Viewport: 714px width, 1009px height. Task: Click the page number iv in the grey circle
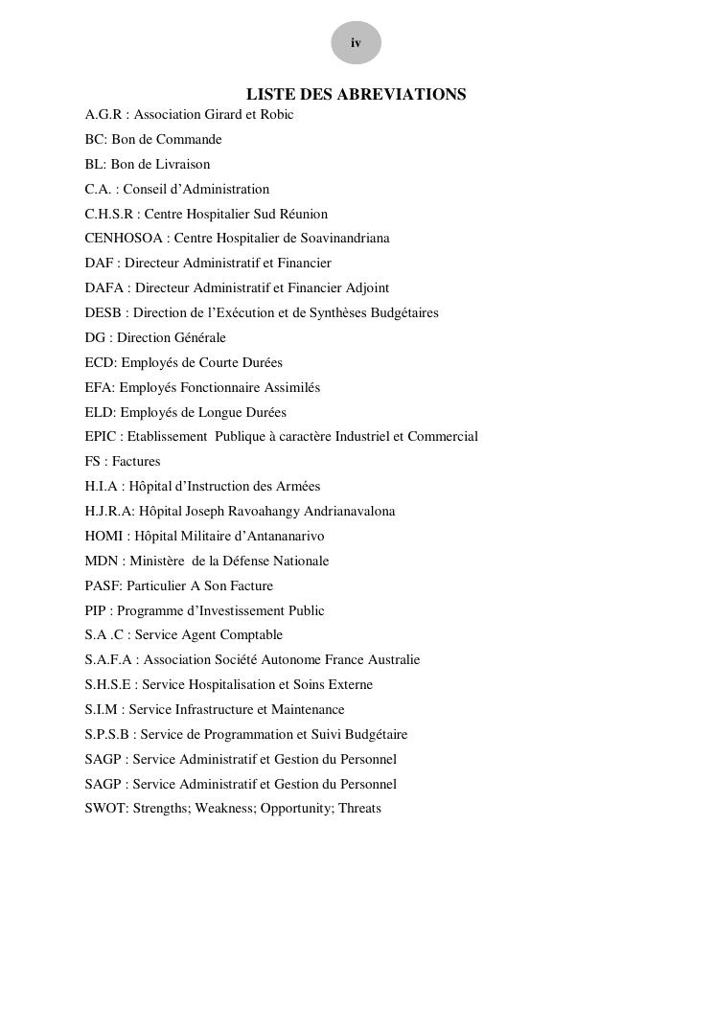click(356, 43)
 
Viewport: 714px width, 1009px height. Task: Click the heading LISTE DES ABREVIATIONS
click(356, 94)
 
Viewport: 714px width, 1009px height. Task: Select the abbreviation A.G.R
click(103, 115)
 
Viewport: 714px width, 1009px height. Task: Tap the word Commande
click(192, 140)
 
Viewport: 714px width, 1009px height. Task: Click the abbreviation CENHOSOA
click(123, 239)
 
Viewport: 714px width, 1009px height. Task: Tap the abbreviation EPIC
click(100, 437)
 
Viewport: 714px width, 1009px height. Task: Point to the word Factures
click(136, 462)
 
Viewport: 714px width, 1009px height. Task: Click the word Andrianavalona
click(347, 512)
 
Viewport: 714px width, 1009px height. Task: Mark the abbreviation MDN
click(101, 562)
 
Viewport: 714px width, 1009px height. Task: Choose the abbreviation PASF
click(102, 586)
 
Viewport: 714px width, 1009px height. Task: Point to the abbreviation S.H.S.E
click(107, 685)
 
